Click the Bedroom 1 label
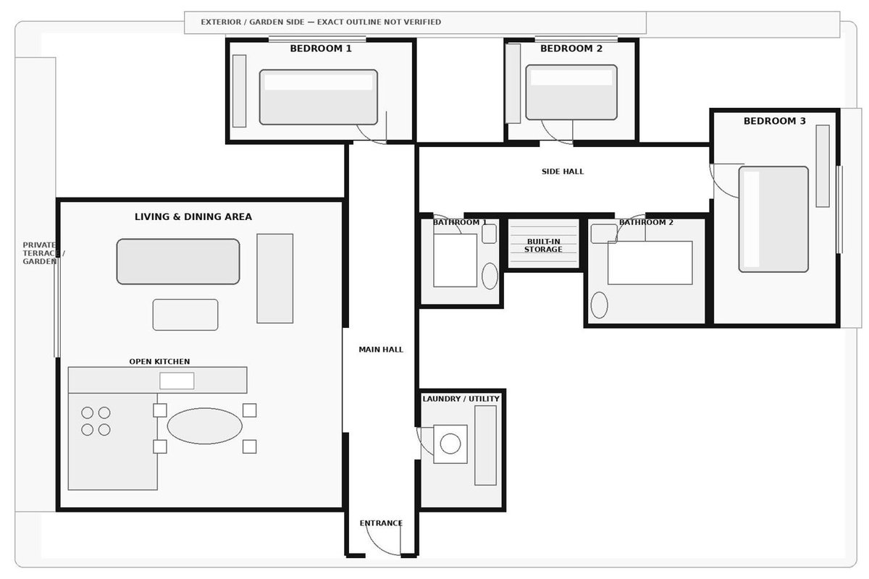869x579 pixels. pos(320,48)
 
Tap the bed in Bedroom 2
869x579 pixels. pos(571,93)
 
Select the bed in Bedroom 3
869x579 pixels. pos(773,219)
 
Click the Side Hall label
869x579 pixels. pos(563,172)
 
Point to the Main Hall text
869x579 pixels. pos(381,350)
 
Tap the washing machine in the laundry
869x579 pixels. pos(450,444)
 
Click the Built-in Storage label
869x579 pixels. pos(543,245)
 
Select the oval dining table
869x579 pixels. pos(204,426)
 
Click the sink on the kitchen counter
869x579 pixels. pos(177,381)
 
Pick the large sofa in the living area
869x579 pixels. pos(178,261)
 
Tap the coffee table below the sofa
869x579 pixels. pos(185,315)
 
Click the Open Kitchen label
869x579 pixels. pos(159,361)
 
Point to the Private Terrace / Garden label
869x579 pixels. pos(44,253)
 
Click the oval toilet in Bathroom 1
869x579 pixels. pos(490,276)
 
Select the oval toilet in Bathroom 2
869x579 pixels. pos(599,305)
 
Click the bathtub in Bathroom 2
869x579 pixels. pos(650,263)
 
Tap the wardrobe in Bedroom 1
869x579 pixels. pos(239,91)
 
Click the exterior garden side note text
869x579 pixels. pos(321,22)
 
